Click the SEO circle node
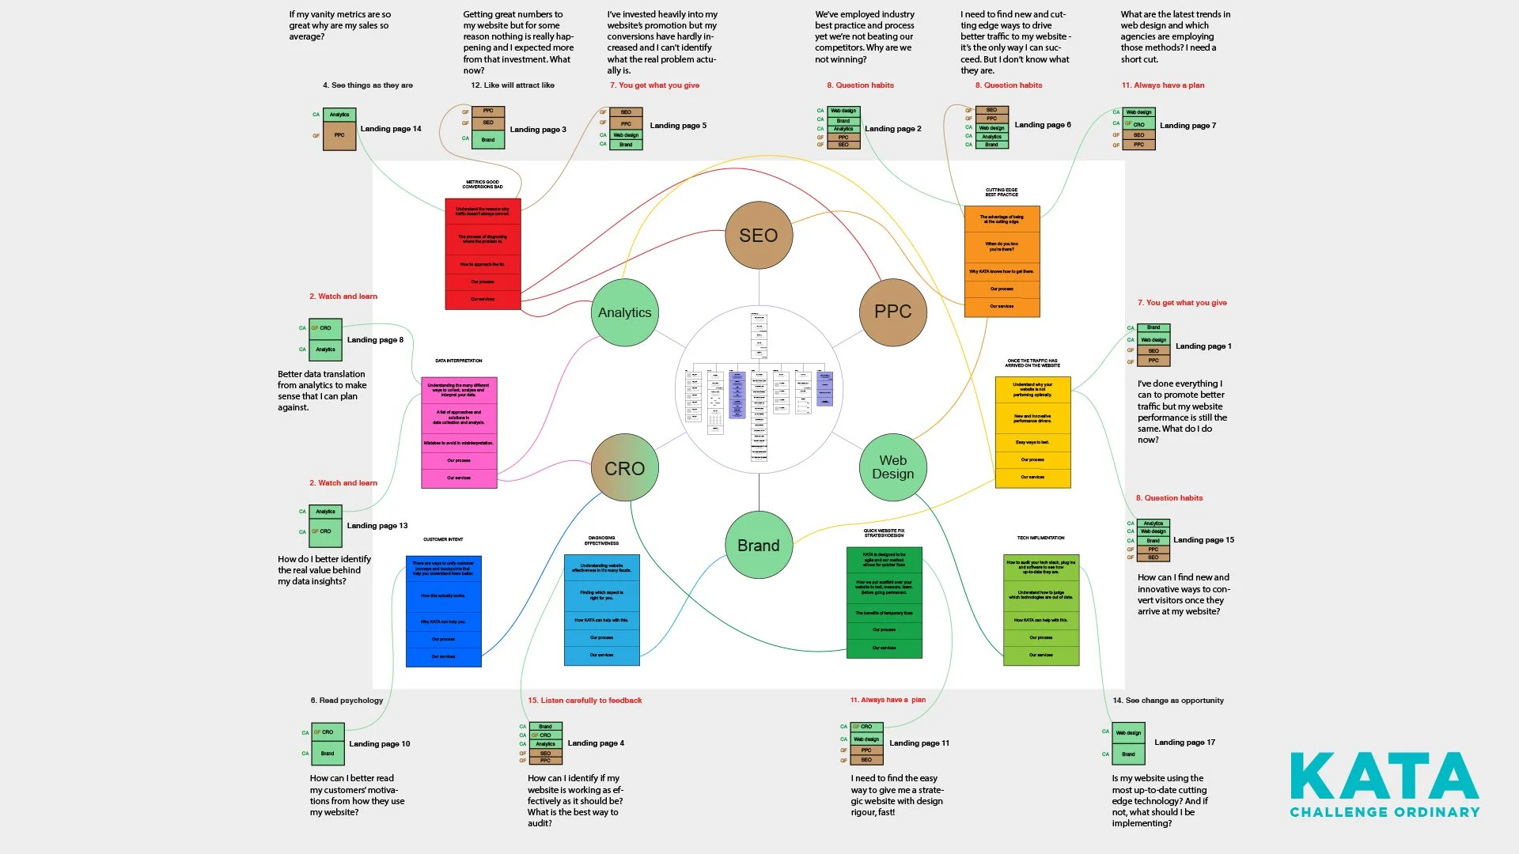point(759,236)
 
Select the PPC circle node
point(892,312)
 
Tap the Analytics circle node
point(625,312)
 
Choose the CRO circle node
point(625,468)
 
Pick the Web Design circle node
point(892,467)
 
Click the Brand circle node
point(759,546)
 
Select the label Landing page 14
point(391,129)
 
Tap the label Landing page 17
point(1184,743)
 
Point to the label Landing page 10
point(380,744)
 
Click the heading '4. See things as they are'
point(368,85)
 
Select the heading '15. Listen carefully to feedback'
point(585,701)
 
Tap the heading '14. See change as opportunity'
point(1168,701)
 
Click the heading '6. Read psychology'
point(347,701)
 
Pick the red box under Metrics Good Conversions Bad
point(483,254)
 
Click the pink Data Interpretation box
point(459,433)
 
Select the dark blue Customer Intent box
point(443,611)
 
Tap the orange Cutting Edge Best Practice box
point(1002,262)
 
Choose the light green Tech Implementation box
point(1041,610)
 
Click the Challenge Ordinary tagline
point(1385,812)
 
